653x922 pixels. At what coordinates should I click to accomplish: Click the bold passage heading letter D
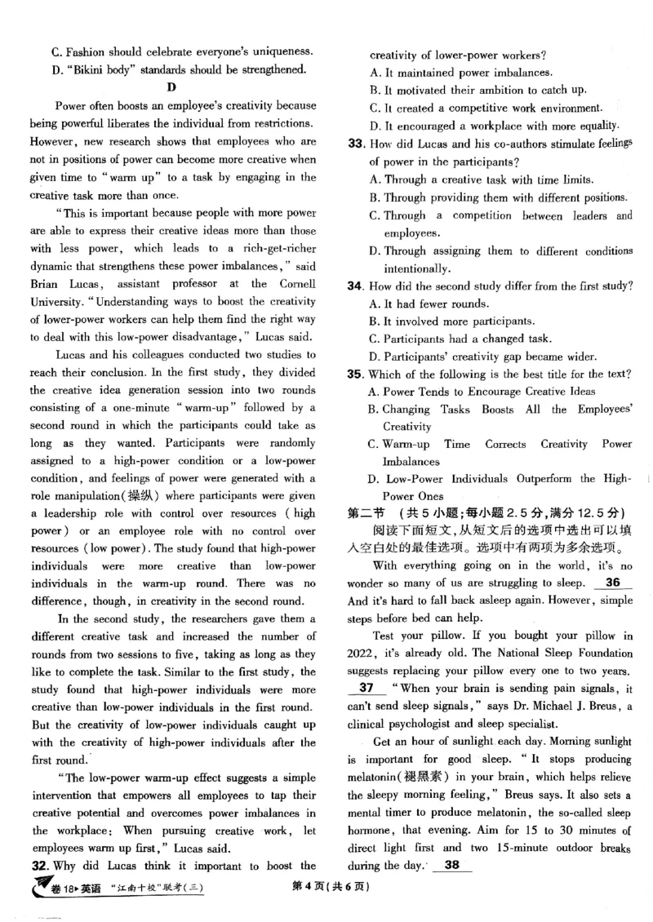(171, 87)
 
